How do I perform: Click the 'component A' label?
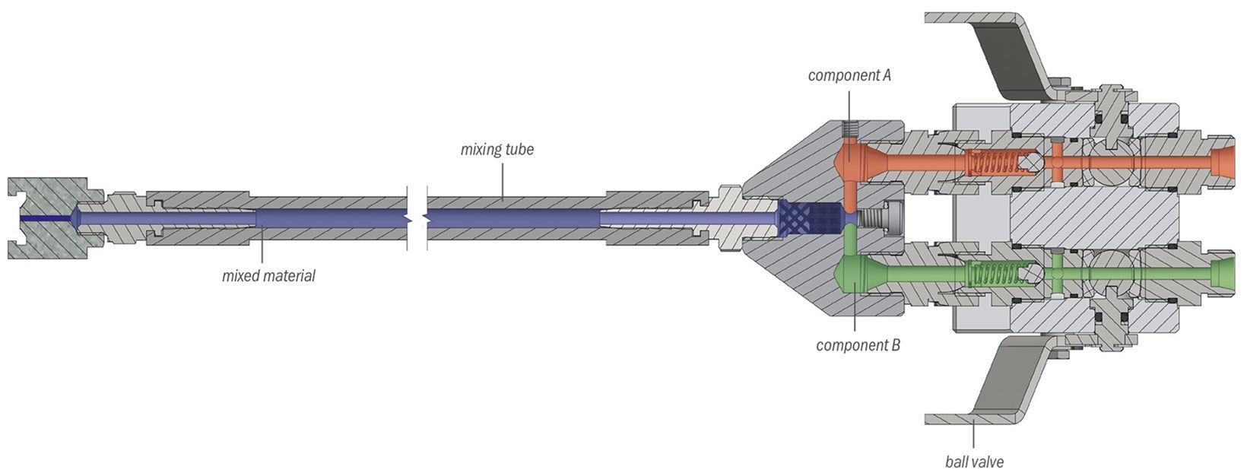[x=849, y=75]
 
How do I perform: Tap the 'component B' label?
[x=858, y=345]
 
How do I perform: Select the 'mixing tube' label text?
[x=497, y=149]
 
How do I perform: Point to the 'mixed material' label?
[x=268, y=276]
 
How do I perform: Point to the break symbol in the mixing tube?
[x=417, y=218]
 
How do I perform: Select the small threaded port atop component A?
[x=849, y=130]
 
